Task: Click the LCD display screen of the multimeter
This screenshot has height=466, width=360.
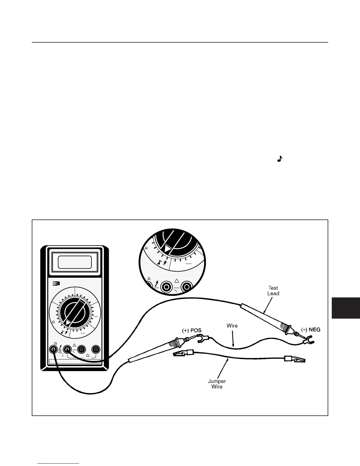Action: pyautogui.click(x=75, y=262)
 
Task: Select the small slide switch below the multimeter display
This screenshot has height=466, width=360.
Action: pyautogui.click(x=56, y=283)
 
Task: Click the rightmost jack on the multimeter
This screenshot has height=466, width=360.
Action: pyautogui.click(x=96, y=349)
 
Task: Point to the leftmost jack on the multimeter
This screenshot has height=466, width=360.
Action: pyautogui.click(x=53, y=349)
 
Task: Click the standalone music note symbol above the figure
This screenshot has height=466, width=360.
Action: pyautogui.click(x=280, y=159)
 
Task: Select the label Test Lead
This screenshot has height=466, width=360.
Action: pyautogui.click(x=273, y=291)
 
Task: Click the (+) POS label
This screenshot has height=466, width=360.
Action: pyautogui.click(x=192, y=330)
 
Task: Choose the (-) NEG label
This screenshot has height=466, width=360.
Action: pyautogui.click(x=311, y=329)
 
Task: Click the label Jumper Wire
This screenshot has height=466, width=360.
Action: pyautogui.click(x=217, y=384)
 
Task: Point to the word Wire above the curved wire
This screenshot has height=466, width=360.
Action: pyautogui.click(x=232, y=326)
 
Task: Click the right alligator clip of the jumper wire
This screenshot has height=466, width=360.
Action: pyautogui.click(x=295, y=359)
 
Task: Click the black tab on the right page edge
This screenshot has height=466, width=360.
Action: pyautogui.click(x=346, y=308)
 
